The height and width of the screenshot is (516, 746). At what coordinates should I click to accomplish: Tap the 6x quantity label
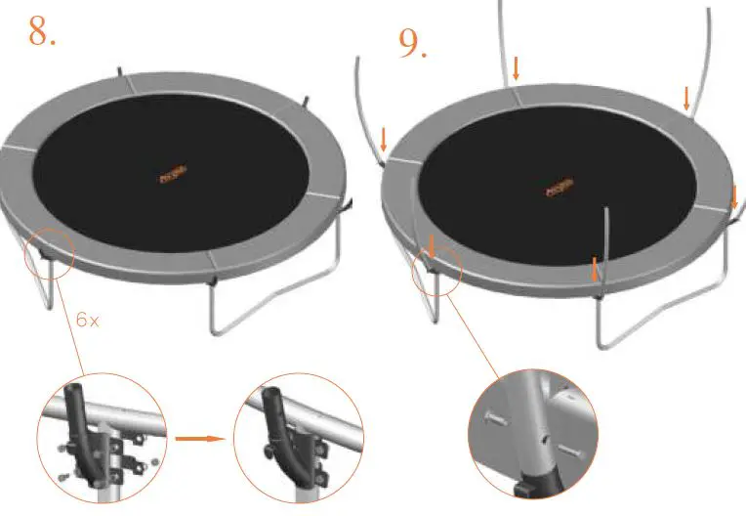(x=87, y=320)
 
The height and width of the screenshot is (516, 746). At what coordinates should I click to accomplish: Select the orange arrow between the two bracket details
(x=201, y=439)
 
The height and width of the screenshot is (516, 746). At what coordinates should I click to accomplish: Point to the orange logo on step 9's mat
(x=559, y=186)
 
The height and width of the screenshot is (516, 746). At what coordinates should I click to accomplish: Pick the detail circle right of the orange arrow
(x=298, y=438)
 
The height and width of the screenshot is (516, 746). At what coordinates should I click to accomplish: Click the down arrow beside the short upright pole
(x=595, y=267)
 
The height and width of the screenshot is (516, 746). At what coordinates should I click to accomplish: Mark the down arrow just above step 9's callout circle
(x=431, y=244)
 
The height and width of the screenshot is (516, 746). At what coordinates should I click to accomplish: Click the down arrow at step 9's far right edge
(x=733, y=196)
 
